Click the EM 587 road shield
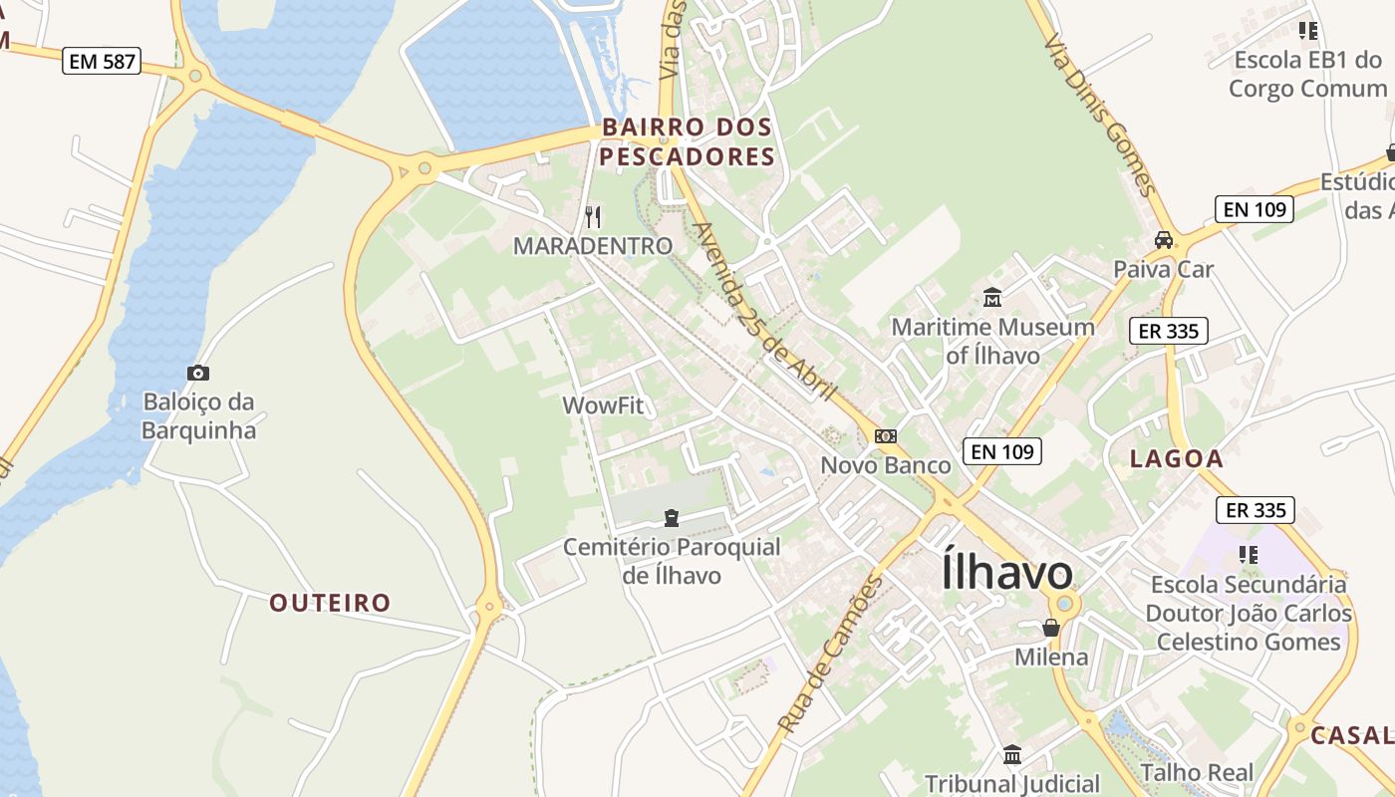point(103,61)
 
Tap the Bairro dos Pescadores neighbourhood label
point(688,141)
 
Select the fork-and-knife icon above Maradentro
point(593,216)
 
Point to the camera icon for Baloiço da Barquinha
point(198,373)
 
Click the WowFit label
point(604,405)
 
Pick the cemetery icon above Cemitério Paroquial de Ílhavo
point(672,517)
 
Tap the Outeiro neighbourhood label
point(330,603)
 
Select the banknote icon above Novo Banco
point(885,435)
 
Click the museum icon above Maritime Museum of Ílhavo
point(992,297)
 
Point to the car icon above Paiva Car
point(1163,240)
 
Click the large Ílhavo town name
point(1006,573)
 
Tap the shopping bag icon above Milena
point(1050,628)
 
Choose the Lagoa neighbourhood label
point(1176,458)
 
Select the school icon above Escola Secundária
point(1248,554)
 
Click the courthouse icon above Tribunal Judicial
point(1012,754)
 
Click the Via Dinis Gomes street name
point(1100,116)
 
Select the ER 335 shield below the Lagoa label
point(1255,510)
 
